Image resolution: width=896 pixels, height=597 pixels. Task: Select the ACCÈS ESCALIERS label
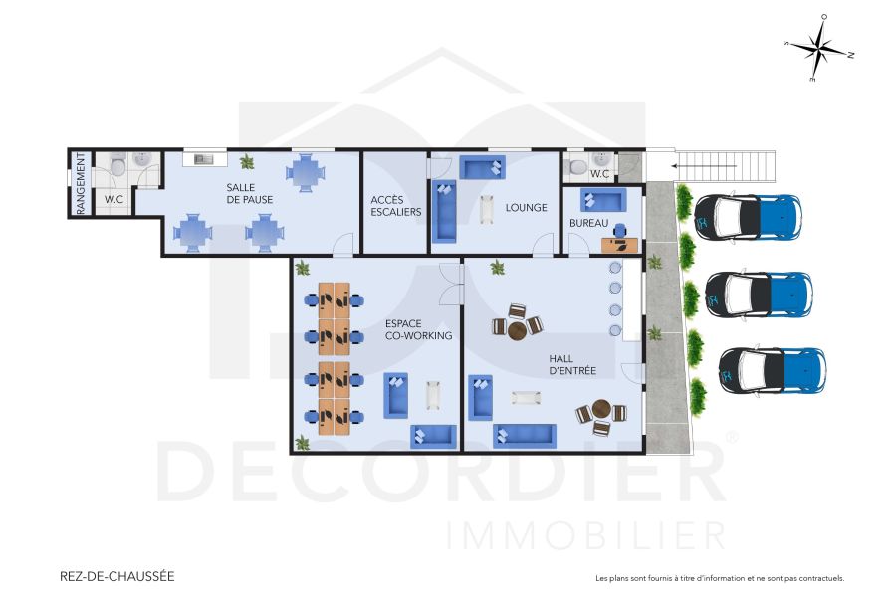395,205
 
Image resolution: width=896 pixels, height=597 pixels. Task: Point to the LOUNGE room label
526,208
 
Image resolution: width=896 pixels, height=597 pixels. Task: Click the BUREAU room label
588,224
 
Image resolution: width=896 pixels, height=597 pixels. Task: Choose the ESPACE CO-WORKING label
418,329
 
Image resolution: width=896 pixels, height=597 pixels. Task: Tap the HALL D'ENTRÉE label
572,364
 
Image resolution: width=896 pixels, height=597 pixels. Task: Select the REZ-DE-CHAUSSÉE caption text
117,575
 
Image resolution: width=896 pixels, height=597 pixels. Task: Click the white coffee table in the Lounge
487,209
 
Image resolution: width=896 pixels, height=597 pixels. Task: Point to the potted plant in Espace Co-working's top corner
303,267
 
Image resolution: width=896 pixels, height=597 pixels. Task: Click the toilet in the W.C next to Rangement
117,165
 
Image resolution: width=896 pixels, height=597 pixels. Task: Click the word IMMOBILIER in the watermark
586,534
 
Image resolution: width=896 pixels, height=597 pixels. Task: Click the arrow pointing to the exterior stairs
704,165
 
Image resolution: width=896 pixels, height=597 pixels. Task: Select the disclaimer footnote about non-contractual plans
719,577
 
